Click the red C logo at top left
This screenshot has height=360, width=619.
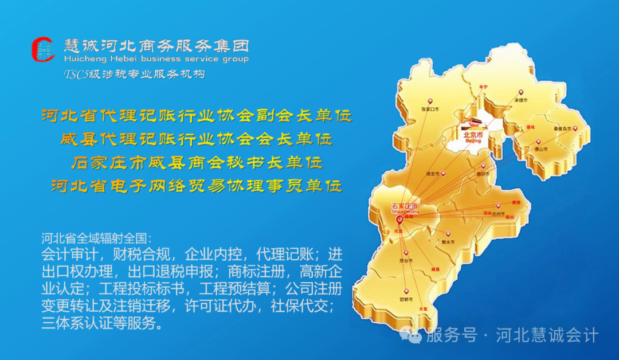coord(44,50)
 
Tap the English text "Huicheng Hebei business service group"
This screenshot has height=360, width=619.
coord(156,59)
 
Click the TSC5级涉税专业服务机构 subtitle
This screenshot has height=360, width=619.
coord(134,74)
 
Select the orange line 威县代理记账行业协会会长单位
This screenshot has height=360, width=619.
coord(196,139)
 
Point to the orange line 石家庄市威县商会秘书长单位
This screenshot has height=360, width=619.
coord(196,163)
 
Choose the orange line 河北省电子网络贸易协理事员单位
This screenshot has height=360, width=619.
coord(196,186)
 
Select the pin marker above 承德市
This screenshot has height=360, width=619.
coord(521,92)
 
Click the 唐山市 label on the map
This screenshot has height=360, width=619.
coord(541,148)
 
